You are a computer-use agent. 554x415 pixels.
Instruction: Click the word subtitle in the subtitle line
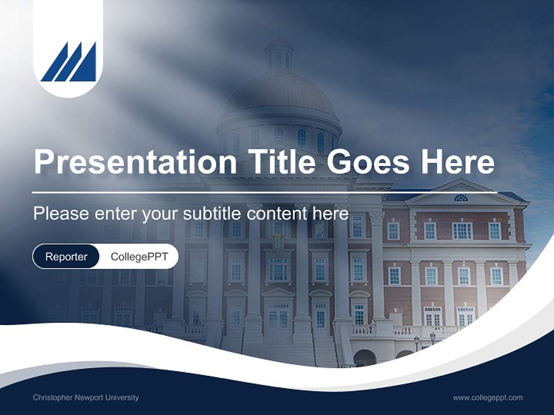click(x=213, y=214)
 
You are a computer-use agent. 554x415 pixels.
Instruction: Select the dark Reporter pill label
click(x=66, y=256)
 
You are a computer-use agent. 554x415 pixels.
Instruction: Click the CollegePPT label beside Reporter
click(x=139, y=256)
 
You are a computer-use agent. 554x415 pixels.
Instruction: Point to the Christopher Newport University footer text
click(x=86, y=397)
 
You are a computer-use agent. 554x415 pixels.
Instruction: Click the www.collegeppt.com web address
click(x=488, y=397)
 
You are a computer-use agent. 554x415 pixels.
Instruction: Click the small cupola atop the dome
click(x=279, y=53)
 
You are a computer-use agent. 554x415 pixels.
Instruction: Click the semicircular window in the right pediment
click(x=460, y=198)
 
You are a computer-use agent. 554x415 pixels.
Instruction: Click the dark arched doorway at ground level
click(x=364, y=358)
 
